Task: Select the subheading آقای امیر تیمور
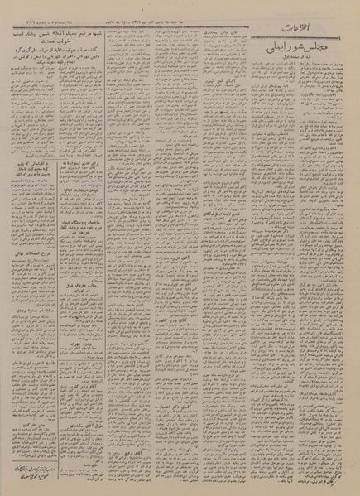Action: point(204,107)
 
